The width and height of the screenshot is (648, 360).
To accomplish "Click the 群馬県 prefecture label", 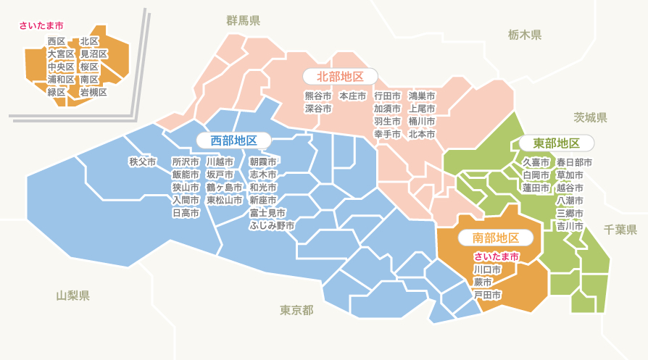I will [x=243, y=20].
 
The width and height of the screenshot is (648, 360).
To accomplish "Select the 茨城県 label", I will [x=590, y=117].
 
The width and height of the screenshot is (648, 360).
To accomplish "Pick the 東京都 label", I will [x=296, y=310].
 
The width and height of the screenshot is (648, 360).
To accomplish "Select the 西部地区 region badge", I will [x=230, y=140].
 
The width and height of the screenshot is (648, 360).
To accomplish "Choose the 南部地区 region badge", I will [x=496, y=238].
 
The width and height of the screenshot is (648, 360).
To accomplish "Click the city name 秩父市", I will [x=143, y=162].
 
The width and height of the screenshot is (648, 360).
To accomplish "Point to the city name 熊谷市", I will [x=317, y=96].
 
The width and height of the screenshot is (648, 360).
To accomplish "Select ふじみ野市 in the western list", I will [x=272, y=226].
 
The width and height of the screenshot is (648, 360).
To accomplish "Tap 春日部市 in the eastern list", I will [x=574, y=162].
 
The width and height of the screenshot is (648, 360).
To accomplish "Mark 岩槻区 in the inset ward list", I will [x=94, y=92].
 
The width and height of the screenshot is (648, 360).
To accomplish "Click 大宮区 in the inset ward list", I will [x=61, y=54].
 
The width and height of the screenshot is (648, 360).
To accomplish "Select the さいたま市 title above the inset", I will [x=41, y=26].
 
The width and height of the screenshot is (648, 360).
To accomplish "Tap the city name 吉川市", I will [x=570, y=226].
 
